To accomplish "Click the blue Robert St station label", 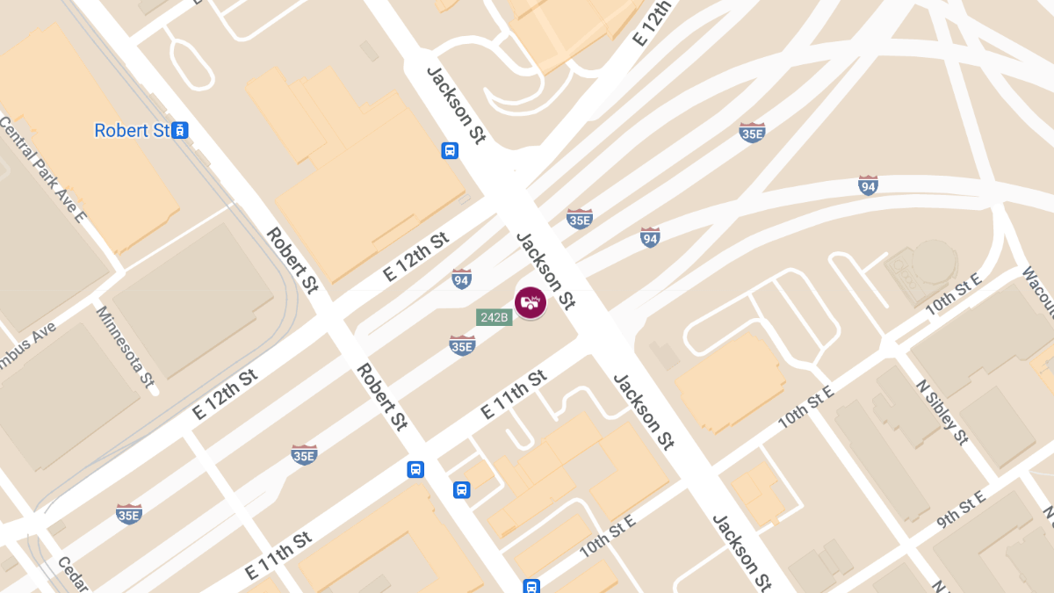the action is (132, 131).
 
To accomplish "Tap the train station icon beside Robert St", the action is (180, 131).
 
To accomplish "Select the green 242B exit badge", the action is (494, 317).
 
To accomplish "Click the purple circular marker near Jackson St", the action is (530, 303).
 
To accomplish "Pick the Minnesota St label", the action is (126, 348).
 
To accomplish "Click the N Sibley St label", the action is (942, 412).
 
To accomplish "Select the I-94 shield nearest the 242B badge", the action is (461, 279).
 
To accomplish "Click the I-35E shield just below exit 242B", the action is (462, 345).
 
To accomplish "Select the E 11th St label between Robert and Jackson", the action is (514, 394).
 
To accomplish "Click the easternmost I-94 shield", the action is (868, 185).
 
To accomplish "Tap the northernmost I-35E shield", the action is (752, 133).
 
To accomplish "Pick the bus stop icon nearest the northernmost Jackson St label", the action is (450, 151).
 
